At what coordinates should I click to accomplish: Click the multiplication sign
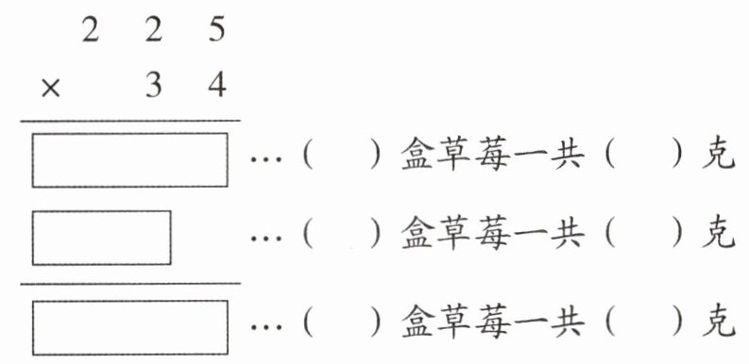coord(51,89)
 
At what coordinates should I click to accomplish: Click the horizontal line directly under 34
coord(130,121)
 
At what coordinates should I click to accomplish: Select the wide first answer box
coord(130,159)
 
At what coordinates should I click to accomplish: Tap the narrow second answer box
coord(102,238)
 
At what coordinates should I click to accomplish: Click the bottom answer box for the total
coord(130,328)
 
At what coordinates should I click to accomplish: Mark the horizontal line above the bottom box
coord(130,284)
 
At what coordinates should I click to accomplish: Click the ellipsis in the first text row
coord(266,159)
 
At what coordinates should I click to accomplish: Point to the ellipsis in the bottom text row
coord(266,328)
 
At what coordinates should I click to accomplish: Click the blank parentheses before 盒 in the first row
coord(342,156)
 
